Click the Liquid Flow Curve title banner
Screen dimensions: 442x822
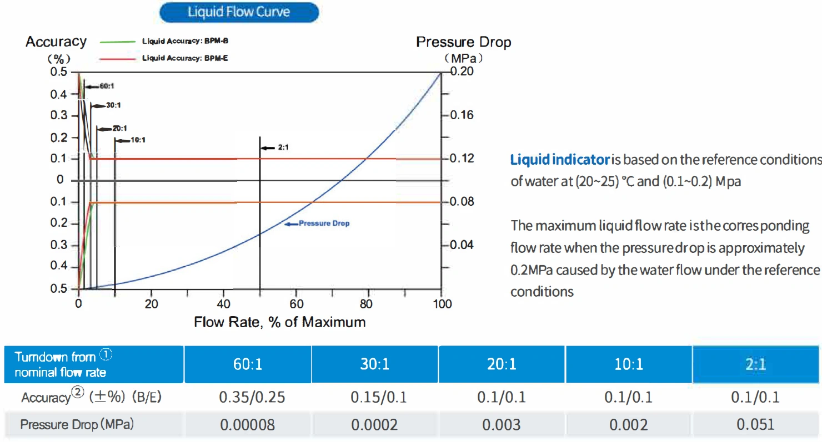tap(239, 12)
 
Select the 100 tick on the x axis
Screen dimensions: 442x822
tap(442, 304)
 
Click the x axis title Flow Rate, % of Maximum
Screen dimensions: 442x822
tap(279, 322)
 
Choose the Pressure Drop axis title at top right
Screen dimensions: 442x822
tap(463, 42)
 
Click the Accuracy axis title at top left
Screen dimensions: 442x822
tap(56, 42)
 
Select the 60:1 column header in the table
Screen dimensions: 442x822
tap(247, 364)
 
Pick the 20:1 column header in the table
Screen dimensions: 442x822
tap(502, 364)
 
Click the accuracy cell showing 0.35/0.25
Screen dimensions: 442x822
tap(247, 398)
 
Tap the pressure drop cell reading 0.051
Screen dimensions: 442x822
tap(755, 425)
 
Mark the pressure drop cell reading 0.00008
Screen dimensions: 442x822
tap(247, 425)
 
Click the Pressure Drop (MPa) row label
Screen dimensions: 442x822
tap(78, 425)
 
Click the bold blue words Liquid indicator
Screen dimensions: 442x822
tap(560, 160)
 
